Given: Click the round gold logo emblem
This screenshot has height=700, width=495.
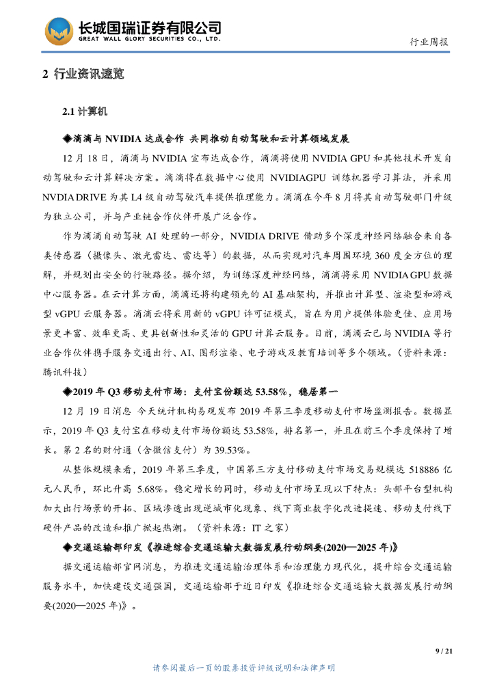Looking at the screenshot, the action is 59,31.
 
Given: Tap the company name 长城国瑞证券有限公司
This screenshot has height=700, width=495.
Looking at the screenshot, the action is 150,27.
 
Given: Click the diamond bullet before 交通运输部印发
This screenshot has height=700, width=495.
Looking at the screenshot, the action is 67,548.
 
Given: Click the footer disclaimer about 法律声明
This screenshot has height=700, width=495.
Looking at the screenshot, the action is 247,668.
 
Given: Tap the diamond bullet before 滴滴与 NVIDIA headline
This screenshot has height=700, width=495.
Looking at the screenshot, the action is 67,138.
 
